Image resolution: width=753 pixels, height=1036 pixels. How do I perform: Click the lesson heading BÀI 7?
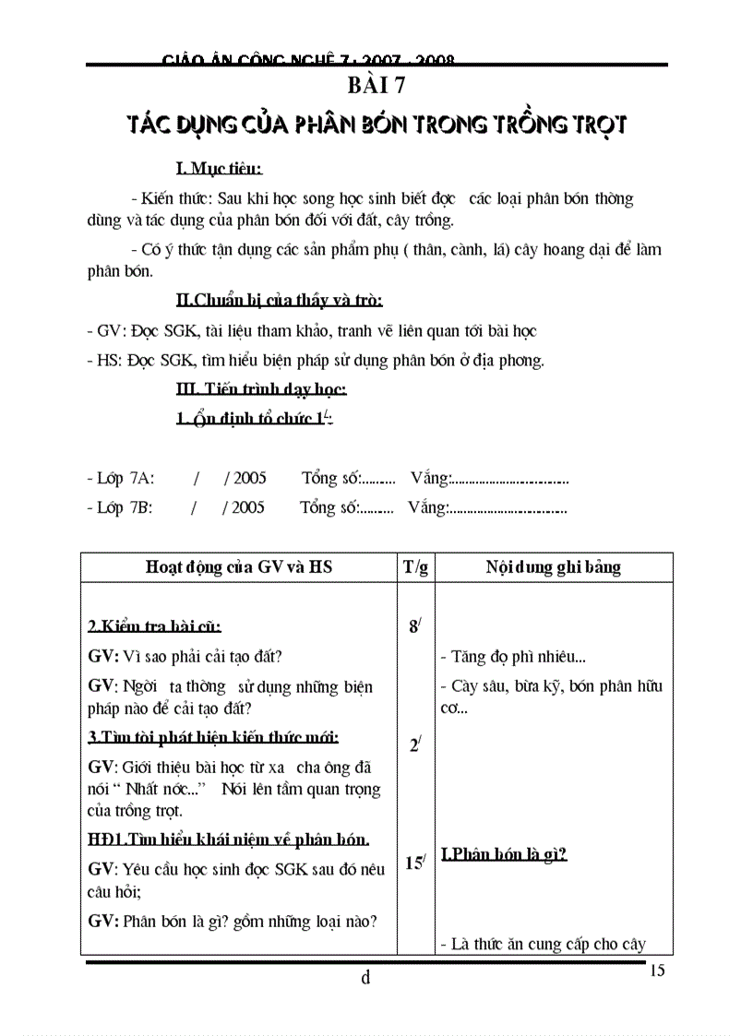[376, 89]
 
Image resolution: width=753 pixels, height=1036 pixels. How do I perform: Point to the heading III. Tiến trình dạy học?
[261, 389]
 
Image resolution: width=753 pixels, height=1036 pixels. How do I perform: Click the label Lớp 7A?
[120, 478]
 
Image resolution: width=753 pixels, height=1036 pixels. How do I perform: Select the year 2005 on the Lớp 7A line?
[249, 478]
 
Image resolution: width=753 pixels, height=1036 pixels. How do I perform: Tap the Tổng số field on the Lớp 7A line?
[348, 478]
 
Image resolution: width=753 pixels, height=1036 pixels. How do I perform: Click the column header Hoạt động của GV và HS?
[239, 567]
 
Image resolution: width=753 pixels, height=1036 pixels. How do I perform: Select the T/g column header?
[415, 567]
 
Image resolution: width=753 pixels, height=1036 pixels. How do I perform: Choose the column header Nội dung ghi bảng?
[554, 567]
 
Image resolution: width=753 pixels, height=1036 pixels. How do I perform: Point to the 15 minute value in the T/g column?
[415, 863]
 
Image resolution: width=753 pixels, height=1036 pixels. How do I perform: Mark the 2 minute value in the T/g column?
[415, 745]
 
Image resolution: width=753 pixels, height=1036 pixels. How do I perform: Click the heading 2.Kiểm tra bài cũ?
[154, 627]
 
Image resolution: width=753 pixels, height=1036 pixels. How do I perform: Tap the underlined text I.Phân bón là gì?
[503, 854]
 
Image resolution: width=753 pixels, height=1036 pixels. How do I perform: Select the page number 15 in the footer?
[657, 970]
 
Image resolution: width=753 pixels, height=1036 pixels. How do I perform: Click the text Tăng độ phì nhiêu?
[513, 658]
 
